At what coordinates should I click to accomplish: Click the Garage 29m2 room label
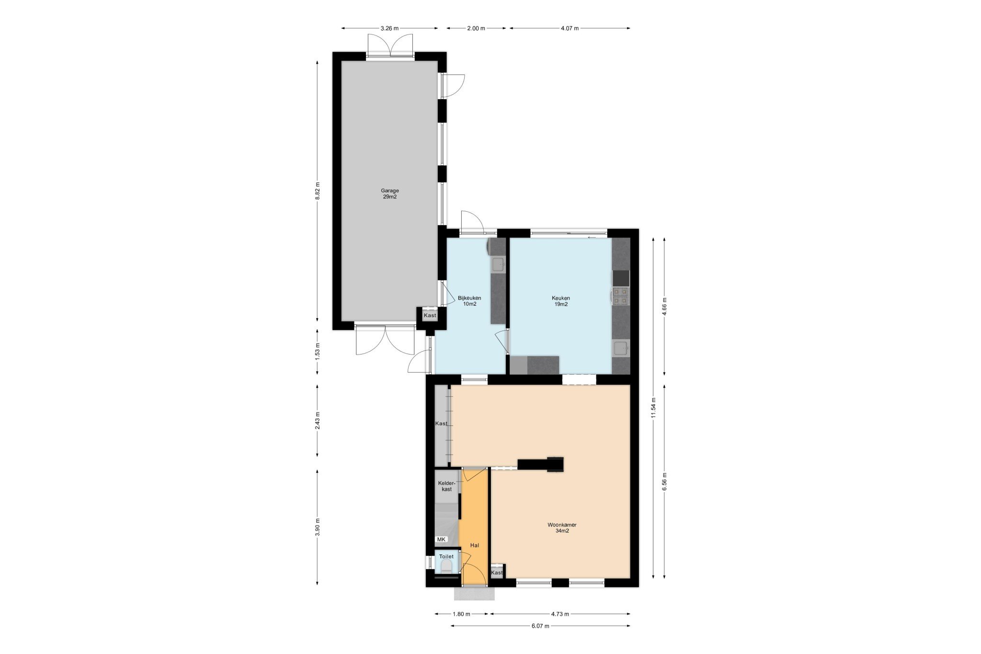click(x=390, y=194)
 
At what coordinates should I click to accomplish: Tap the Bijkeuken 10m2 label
click(x=469, y=301)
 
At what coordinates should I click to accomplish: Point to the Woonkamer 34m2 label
click(x=562, y=528)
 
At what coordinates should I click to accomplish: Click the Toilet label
click(x=446, y=556)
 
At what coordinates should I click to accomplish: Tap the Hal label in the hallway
click(x=474, y=545)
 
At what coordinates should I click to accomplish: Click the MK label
click(x=441, y=539)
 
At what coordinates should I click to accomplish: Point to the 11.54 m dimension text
click(x=653, y=408)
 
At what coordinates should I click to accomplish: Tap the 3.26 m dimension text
click(x=389, y=28)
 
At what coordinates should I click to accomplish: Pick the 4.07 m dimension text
click(x=570, y=28)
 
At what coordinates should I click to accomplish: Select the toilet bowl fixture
click(x=446, y=568)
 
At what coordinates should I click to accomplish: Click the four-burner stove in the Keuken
click(x=621, y=296)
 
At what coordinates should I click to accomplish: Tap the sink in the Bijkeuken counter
click(x=498, y=264)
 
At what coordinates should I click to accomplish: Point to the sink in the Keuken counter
click(x=621, y=348)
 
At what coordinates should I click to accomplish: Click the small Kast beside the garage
click(x=430, y=315)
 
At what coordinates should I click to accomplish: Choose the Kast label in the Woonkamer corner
click(x=497, y=573)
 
